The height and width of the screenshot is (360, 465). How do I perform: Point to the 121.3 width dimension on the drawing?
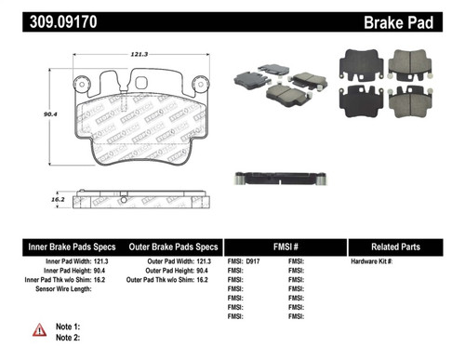point(140,55)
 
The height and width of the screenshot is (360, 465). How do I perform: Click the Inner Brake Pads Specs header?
point(70,247)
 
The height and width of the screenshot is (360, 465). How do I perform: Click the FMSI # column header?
point(285,247)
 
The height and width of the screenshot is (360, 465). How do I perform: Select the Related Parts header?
point(402,247)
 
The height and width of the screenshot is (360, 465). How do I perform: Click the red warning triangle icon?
point(39,330)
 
